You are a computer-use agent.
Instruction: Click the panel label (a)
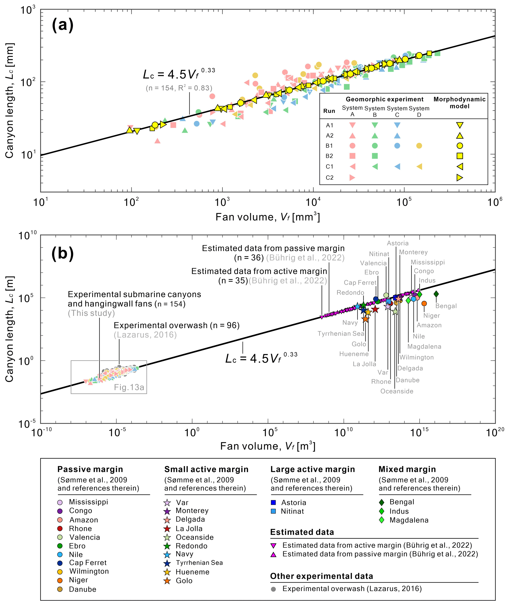(x=63, y=25)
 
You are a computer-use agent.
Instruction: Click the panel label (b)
(x=63, y=253)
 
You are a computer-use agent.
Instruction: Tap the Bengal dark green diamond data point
(x=436, y=294)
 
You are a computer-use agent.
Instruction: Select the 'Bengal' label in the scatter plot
(x=446, y=306)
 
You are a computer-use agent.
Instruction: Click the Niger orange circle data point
(x=424, y=303)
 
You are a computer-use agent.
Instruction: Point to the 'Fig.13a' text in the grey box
(x=129, y=387)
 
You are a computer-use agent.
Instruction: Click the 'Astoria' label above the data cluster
(x=398, y=243)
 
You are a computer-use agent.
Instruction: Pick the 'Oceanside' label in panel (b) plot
(x=397, y=391)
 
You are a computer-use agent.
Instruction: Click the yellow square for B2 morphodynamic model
(x=460, y=156)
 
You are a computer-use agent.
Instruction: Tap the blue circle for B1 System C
(x=397, y=146)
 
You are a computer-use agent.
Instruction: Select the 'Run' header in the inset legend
(x=329, y=111)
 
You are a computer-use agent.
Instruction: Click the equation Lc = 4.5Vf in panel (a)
(x=179, y=74)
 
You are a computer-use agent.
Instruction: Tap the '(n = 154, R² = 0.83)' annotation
(x=179, y=88)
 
